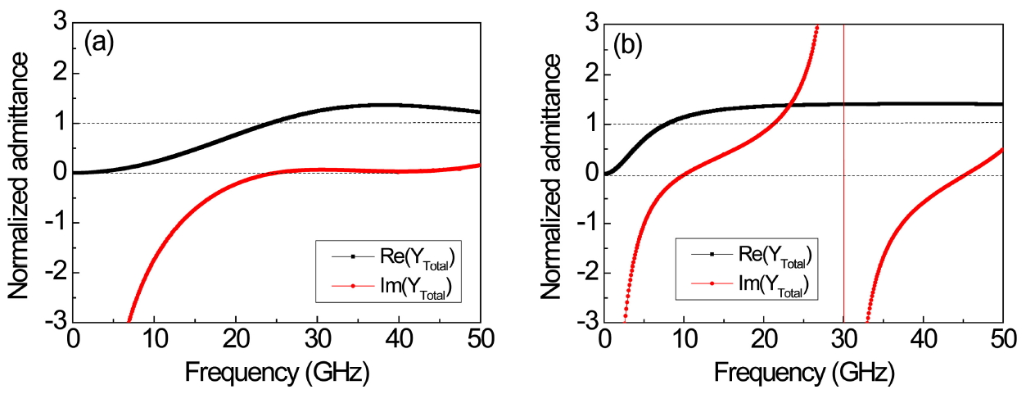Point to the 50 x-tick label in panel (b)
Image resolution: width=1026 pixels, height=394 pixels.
click(x=1002, y=339)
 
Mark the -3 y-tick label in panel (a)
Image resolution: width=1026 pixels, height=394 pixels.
click(x=56, y=322)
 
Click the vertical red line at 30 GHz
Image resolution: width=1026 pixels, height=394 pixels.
click(x=843, y=205)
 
